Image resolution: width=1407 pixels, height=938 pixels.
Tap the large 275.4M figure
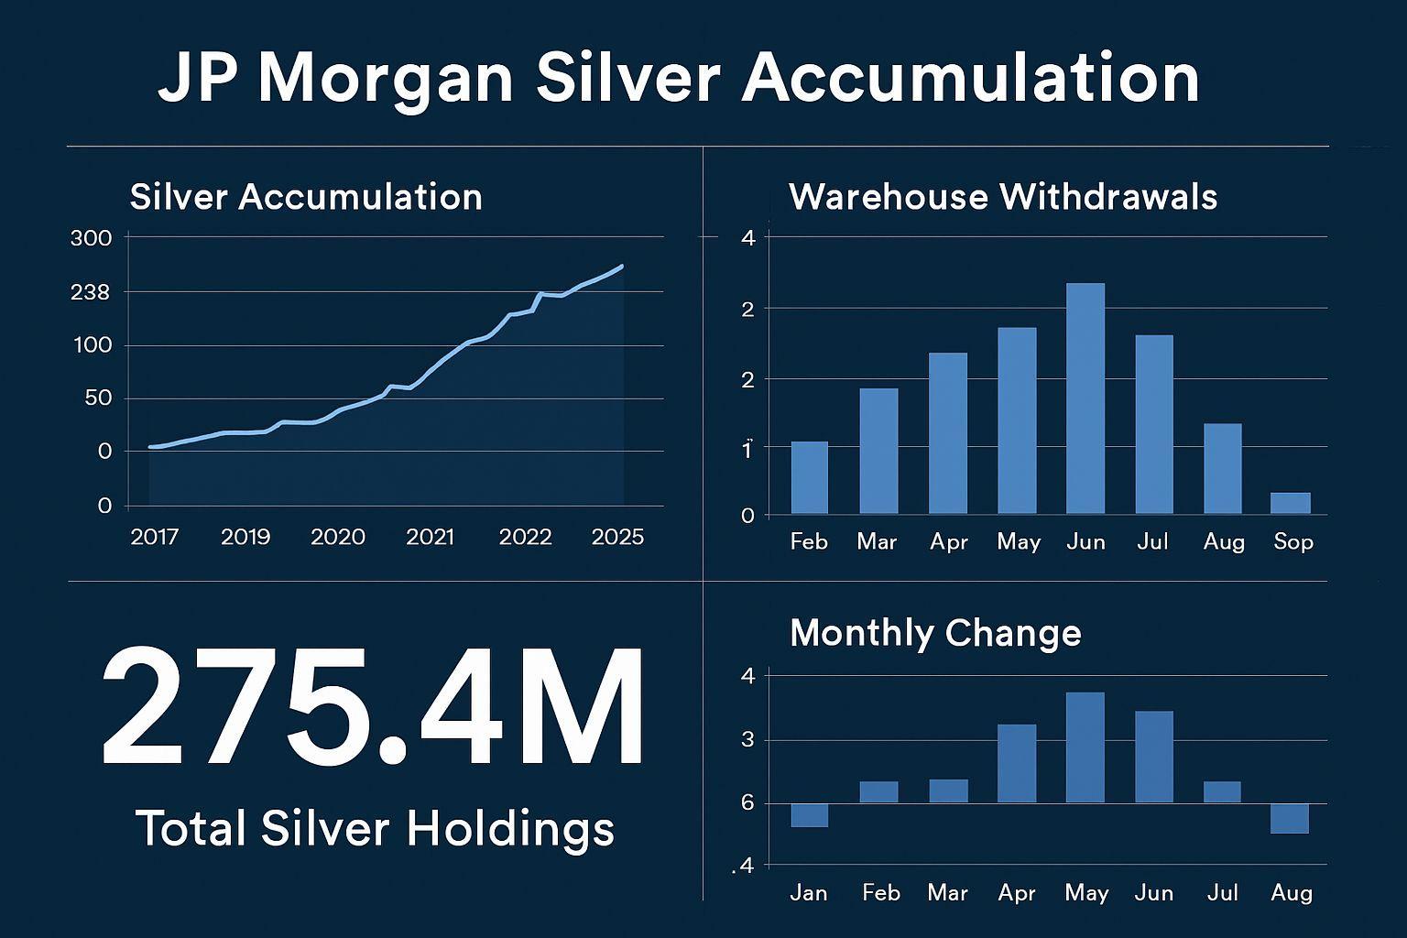[372, 707]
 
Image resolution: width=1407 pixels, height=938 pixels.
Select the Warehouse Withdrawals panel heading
[1003, 197]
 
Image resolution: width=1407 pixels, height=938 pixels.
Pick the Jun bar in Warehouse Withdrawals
[1085, 398]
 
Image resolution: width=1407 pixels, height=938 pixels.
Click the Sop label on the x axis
[1293, 541]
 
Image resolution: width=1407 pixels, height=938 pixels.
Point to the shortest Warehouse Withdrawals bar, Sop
[1291, 503]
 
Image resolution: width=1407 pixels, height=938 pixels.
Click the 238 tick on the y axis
[90, 292]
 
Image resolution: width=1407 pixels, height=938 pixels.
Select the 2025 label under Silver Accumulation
[618, 537]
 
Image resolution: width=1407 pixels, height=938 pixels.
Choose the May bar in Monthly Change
[1085, 747]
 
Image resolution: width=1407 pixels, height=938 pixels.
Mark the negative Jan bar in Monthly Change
[810, 815]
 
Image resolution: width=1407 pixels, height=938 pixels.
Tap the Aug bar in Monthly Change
[1290, 818]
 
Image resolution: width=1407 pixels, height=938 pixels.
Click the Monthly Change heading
[935, 633]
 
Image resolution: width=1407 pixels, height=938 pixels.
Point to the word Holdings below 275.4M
[510, 829]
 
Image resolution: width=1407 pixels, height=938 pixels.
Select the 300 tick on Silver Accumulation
[91, 238]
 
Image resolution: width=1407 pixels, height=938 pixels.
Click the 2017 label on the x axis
[154, 537]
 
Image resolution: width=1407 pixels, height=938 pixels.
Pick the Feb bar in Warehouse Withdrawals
[810, 477]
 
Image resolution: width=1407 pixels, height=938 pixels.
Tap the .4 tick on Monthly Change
[744, 866]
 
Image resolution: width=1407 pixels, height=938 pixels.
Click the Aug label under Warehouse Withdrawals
[1224, 541]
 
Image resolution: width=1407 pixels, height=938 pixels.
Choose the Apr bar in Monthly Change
[1017, 763]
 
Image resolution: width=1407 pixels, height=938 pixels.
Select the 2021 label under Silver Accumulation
[431, 537]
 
